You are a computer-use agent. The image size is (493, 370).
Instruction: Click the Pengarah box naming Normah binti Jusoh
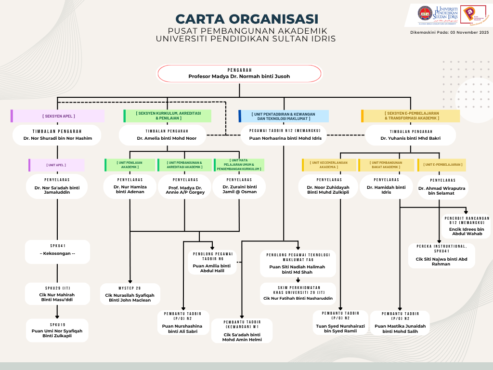239,74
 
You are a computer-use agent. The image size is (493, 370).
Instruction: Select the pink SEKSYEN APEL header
58,116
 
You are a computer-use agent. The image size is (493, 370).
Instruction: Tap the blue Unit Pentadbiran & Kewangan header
284,116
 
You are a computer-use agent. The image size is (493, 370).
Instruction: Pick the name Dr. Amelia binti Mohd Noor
164,138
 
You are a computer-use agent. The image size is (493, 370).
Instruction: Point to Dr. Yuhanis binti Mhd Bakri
410,138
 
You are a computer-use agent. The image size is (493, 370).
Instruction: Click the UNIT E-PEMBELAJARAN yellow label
443,165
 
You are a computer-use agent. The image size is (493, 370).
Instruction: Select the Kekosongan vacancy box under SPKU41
57,253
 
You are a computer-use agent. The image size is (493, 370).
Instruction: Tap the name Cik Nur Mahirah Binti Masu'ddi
57,297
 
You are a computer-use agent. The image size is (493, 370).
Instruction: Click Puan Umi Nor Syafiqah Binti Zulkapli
57,333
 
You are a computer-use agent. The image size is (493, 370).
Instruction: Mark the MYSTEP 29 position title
130,288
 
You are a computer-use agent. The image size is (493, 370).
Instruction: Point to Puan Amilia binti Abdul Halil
212,268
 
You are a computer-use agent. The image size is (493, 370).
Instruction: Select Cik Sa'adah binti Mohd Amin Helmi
242,337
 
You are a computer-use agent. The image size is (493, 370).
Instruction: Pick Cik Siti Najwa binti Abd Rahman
441,261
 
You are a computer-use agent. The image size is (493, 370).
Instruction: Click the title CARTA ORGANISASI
246,19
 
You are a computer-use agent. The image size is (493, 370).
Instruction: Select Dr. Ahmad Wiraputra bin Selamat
441,191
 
